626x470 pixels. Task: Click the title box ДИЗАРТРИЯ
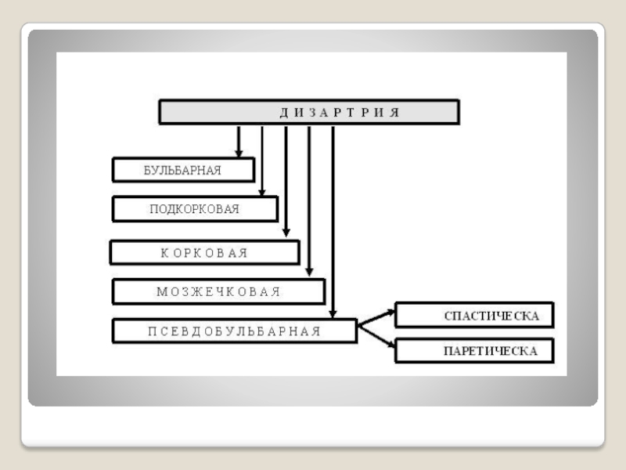point(309,112)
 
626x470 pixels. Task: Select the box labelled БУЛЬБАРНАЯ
point(184,170)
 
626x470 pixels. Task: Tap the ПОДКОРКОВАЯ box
point(195,209)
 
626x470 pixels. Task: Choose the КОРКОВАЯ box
point(204,252)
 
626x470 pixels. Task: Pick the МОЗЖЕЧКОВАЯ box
point(218,291)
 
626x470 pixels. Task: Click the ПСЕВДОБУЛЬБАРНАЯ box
point(234,331)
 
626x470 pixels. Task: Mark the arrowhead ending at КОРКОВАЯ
point(286,233)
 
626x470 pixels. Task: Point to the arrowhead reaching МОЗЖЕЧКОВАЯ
point(310,272)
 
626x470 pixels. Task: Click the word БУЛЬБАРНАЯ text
point(182,170)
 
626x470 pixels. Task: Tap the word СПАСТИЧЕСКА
point(491,316)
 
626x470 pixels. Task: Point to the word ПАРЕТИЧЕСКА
point(491,352)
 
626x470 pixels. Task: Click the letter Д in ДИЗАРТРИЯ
point(283,112)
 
